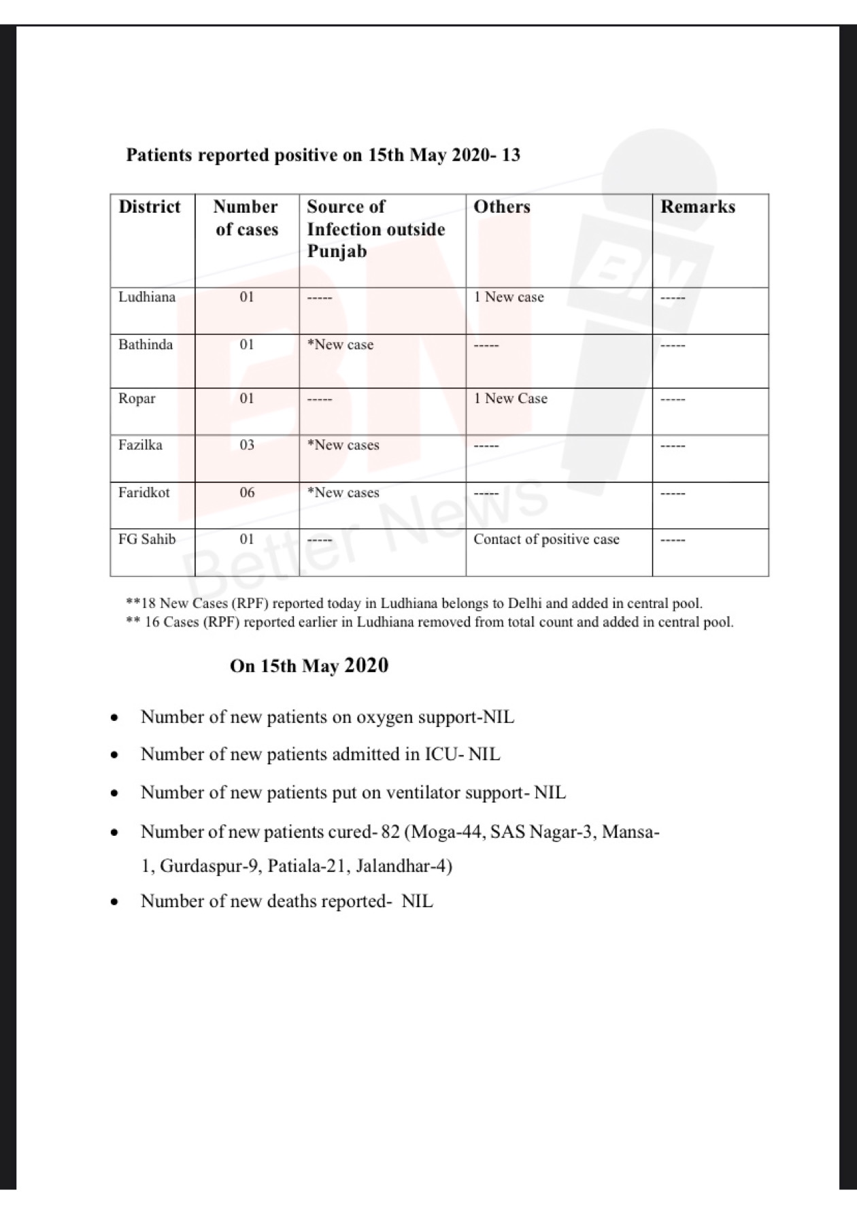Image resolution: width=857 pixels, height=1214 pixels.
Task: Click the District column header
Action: click(150, 207)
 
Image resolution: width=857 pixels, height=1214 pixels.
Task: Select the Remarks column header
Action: click(697, 207)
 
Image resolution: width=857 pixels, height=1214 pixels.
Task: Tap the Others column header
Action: click(502, 207)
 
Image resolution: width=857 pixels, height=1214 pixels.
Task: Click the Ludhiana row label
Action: click(147, 297)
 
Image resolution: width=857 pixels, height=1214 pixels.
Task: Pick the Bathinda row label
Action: click(146, 345)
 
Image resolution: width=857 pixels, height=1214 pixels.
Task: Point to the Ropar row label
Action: click(137, 399)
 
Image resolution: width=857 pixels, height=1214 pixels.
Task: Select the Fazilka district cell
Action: click(140, 445)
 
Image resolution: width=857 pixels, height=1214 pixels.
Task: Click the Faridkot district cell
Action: click(144, 492)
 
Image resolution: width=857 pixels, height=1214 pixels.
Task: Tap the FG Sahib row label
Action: click(147, 539)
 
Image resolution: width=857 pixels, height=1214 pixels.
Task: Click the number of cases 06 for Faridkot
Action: click(247, 492)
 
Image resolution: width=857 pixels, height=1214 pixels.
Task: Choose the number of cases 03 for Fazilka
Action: click(247, 445)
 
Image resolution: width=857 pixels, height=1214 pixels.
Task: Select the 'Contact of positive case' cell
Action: click(546, 539)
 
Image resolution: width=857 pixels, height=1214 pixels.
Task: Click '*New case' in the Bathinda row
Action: click(340, 345)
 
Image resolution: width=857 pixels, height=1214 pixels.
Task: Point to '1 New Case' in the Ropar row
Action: click(510, 399)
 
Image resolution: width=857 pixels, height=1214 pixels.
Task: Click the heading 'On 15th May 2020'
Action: click(309, 665)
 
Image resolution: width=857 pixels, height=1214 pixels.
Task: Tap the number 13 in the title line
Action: click(511, 155)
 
